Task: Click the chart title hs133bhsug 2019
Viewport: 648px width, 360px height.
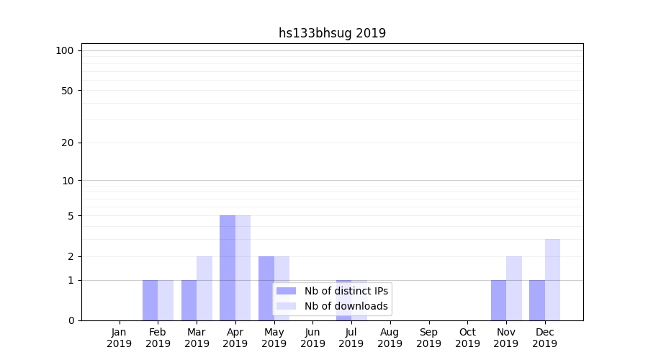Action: (x=332, y=33)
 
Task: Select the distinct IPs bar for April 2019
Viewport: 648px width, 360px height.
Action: (x=228, y=268)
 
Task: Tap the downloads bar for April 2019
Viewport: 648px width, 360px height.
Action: (x=243, y=268)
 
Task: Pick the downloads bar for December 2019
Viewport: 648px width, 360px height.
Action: (x=552, y=280)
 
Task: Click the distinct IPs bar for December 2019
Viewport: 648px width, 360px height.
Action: (x=537, y=300)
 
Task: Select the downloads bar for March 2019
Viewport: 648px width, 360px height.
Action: (x=204, y=288)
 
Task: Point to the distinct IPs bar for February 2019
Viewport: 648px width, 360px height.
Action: (x=150, y=300)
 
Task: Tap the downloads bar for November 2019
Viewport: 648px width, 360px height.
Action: (x=514, y=288)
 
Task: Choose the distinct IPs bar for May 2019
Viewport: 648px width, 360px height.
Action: (x=266, y=288)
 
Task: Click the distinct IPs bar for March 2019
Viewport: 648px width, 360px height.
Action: (x=189, y=300)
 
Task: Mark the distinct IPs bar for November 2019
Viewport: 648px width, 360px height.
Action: (x=498, y=300)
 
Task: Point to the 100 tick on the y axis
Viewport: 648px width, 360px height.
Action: (x=65, y=50)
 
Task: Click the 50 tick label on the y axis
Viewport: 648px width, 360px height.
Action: (x=68, y=91)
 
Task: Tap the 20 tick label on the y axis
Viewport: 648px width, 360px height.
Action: (x=68, y=143)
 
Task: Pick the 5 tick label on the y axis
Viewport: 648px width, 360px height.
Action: (x=71, y=216)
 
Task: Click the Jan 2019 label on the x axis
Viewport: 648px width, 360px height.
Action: (x=120, y=338)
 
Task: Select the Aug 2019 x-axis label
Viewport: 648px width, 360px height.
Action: (x=390, y=338)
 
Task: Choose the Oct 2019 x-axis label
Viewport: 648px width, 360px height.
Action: (x=467, y=338)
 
